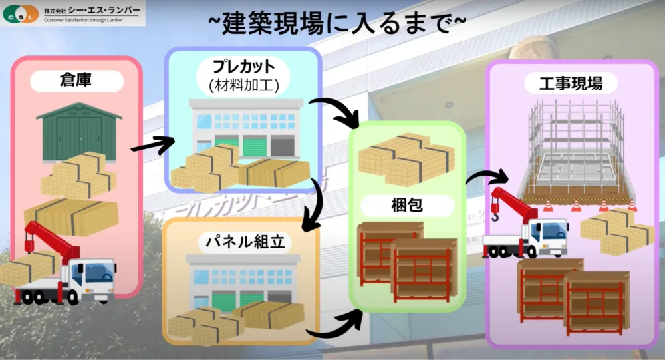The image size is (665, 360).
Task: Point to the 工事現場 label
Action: pos(572,84)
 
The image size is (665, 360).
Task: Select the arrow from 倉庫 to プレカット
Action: pos(152,143)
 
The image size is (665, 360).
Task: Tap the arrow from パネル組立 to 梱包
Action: pos(334,325)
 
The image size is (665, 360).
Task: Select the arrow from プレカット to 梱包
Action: pos(336,111)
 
